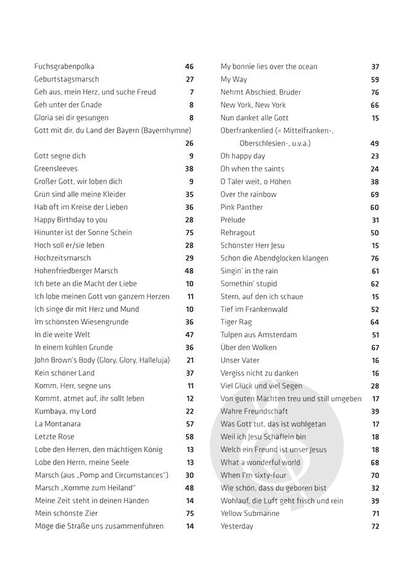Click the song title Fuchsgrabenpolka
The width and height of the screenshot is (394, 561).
(60, 66)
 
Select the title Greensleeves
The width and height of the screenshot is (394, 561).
(56, 168)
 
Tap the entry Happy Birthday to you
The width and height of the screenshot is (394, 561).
(71, 219)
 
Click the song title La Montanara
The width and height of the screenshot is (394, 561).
(57, 424)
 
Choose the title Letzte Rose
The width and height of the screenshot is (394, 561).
(54, 437)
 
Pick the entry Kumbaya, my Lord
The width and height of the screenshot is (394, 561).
(65, 411)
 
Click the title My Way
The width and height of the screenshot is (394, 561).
(234, 79)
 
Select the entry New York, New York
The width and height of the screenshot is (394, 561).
(253, 105)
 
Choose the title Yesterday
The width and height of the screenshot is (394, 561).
(237, 527)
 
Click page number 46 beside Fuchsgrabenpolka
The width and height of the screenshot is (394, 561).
(189, 66)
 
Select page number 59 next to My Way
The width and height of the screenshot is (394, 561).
(375, 79)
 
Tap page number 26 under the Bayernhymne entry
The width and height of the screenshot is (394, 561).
(189, 143)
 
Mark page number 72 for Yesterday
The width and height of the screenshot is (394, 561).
(375, 527)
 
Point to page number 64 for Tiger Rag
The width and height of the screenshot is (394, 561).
(375, 322)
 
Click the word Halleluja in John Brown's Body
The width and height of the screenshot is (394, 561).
(152, 360)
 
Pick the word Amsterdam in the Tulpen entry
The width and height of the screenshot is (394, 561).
(275, 335)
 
